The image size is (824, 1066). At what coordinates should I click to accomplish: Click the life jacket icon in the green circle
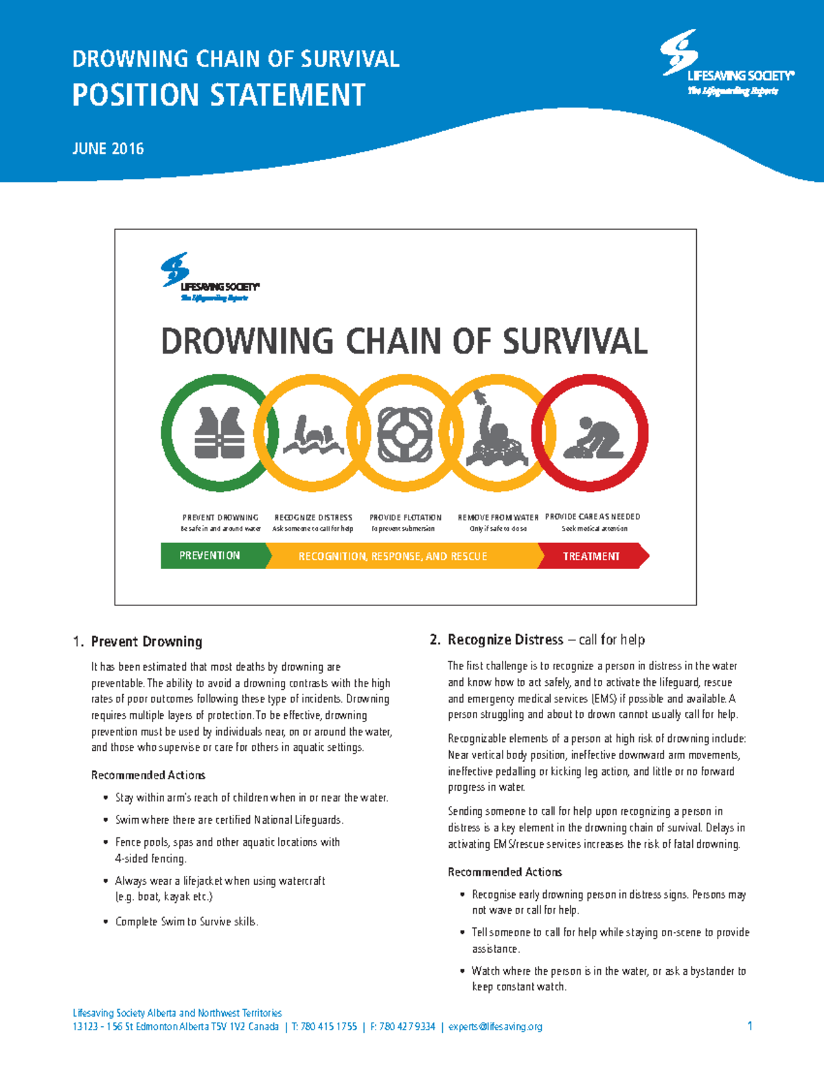pyautogui.click(x=219, y=432)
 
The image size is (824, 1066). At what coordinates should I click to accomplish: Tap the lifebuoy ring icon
pyautogui.click(x=405, y=433)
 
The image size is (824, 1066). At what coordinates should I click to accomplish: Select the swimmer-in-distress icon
pyautogui.click(x=313, y=437)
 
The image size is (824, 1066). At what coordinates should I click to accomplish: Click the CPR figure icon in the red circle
pyautogui.click(x=593, y=437)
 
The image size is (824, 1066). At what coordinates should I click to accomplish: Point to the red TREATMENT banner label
pyautogui.click(x=591, y=556)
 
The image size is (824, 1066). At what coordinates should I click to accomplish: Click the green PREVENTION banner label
pyautogui.click(x=209, y=555)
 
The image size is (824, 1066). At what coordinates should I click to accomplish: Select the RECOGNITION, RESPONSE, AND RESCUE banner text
pyautogui.click(x=393, y=556)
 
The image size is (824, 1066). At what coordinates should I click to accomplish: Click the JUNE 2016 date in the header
pyautogui.click(x=108, y=148)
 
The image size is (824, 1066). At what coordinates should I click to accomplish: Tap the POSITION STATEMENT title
pyautogui.click(x=218, y=95)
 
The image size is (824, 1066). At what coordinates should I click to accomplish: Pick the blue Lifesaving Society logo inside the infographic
pyautogui.click(x=209, y=277)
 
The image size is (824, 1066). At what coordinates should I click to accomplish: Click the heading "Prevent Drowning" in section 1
pyautogui.click(x=146, y=642)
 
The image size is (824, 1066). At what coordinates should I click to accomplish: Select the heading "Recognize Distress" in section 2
pyautogui.click(x=505, y=640)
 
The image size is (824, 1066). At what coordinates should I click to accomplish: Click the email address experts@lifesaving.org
pyautogui.click(x=495, y=1027)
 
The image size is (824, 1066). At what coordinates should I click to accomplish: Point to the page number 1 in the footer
pyautogui.click(x=750, y=1026)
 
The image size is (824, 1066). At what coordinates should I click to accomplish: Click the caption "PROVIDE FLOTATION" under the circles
pyautogui.click(x=405, y=518)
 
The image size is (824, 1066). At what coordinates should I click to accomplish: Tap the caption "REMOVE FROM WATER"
pyautogui.click(x=498, y=518)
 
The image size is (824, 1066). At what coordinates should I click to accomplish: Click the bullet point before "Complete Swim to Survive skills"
pyautogui.click(x=105, y=922)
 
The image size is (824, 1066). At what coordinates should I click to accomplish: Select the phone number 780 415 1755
pyautogui.click(x=329, y=1027)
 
